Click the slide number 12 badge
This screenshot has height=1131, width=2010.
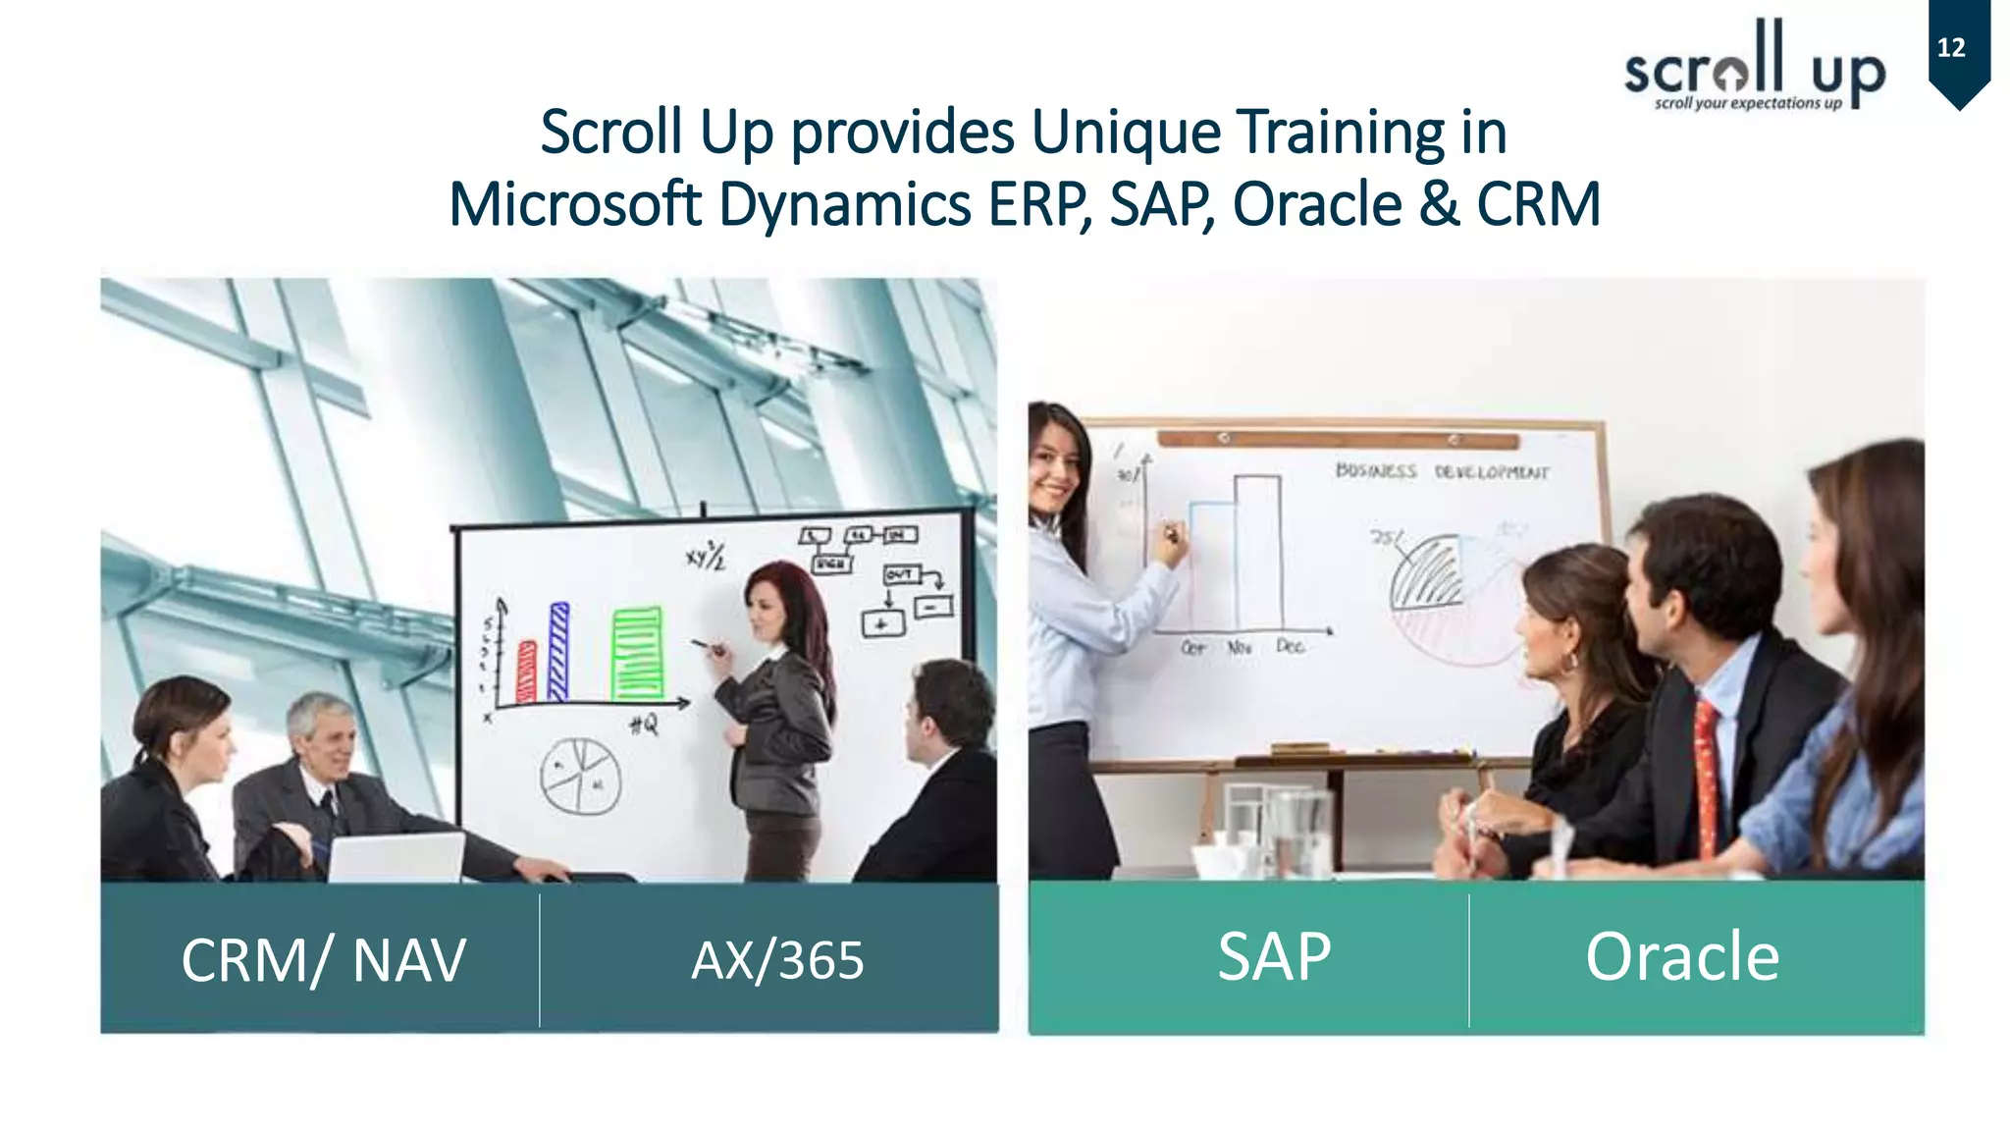(x=1957, y=49)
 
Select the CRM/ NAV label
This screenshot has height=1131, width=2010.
(x=323, y=959)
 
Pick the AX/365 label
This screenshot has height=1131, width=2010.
(x=777, y=959)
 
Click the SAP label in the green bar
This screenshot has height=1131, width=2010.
(x=1274, y=955)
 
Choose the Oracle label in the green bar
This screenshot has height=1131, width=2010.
(x=1681, y=955)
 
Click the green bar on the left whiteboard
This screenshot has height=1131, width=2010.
(x=637, y=653)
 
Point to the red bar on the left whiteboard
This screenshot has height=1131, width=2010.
(x=527, y=672)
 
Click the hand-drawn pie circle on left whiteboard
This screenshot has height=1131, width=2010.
(x=580, y=776)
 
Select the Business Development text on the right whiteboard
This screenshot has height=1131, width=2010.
(x=1441, y=472)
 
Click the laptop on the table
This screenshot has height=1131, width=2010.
(x=397, y=857)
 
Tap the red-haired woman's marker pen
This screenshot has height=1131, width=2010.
(x=708, y=646)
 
